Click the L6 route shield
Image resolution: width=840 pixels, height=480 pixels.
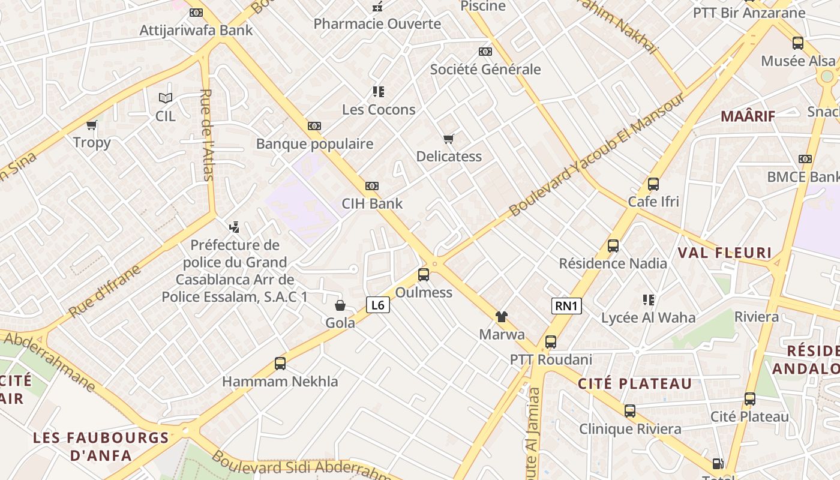(x=378, y=305)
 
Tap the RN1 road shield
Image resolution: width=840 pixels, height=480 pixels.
(x=566, y=306)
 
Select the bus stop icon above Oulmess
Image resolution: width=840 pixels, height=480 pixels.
(x=424, y=275)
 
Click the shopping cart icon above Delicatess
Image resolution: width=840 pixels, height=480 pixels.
(x=449, y=139)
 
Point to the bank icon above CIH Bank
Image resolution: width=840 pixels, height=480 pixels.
(x=372, y=186)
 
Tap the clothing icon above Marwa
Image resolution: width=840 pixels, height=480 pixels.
(x=501, y=316)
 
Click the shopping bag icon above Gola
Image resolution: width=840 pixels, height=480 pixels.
(x=340, y=305)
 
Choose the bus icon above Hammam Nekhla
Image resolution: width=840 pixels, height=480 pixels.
(x=280, y=363)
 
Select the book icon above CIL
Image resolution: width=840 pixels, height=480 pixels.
(x=165, y=98)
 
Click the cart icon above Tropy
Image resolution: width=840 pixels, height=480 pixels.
(x=92, y=125)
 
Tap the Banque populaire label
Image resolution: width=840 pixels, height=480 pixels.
(x=314, y=144)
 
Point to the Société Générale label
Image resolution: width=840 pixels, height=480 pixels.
(x=485, y=70)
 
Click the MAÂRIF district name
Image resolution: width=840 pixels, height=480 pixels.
(x=748, y=116)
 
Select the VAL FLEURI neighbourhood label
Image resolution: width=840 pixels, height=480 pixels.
(x=724, y=253)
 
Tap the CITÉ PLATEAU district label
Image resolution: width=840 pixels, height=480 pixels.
(x=635, y=384)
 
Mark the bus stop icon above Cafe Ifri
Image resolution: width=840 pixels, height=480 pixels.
(x=653, y=184)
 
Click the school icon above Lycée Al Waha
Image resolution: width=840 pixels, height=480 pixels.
(x=648, y=299)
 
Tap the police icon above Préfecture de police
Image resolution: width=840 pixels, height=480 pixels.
(x=235, y=227)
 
